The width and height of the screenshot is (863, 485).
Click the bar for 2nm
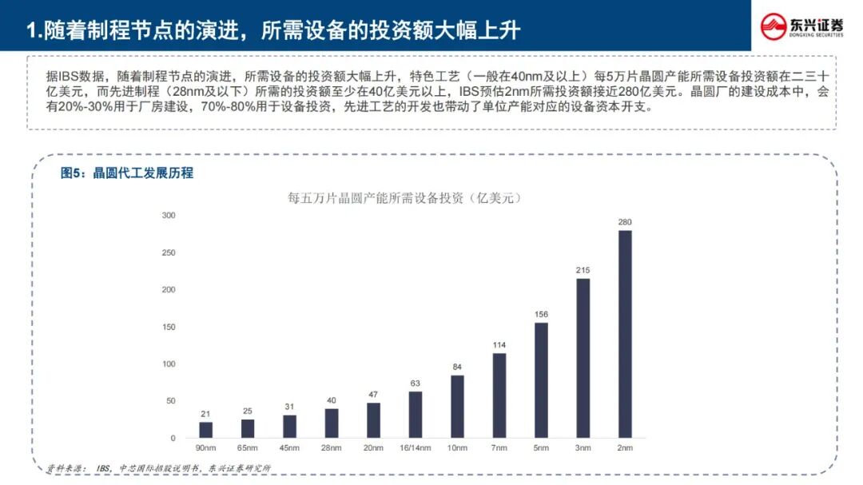[625, 334]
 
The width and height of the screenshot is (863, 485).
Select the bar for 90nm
[206, 430]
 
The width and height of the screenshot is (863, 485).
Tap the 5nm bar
[541, 380]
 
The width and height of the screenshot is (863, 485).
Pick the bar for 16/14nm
[416, 415]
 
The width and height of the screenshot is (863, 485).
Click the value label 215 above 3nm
[583, 270]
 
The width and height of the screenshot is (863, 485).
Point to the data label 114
[499, 345]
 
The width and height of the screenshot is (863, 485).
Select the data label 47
[373, 395]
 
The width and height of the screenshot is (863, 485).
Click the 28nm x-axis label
[332, 448]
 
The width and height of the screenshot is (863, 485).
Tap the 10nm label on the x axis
[457, 448]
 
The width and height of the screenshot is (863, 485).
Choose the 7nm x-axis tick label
[499, 448]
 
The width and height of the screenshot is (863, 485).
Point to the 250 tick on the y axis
[169, 252]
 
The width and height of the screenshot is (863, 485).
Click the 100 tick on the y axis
[169, 364]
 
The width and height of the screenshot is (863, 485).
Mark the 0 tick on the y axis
[173, 438]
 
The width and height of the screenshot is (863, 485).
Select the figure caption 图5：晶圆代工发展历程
[126, 173]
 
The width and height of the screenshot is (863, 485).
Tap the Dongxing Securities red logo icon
[774, 26]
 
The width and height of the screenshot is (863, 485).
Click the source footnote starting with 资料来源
[158, 468]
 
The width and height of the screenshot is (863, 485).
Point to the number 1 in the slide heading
[31, 31]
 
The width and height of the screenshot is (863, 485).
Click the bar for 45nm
[289, 427]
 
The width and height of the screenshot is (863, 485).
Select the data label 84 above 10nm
[457, 368]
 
